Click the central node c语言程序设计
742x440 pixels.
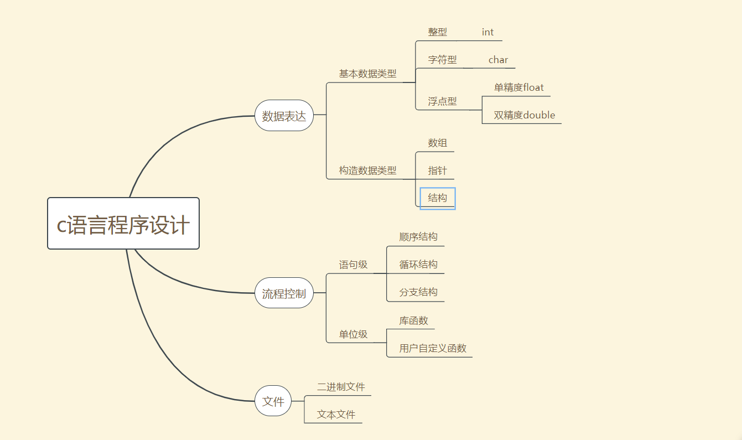tap(123, 224)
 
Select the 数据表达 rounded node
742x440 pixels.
tap(284, 116)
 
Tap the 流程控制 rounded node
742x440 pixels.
tap(284, 293)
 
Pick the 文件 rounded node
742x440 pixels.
tap(273, 401)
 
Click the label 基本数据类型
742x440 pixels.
tap(367, 74)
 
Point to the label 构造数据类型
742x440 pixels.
tap(367, 170)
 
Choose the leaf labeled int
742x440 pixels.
tap(487, 32)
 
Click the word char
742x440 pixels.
tap(498, 60)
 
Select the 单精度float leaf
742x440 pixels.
tap(518, 87)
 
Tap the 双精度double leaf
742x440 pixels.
tap(524, 115)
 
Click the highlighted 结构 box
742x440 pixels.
tap(437, 198)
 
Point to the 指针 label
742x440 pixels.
tap(437, 170)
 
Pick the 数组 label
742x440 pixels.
tap(437, 143)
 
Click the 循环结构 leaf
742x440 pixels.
tap(418, 265)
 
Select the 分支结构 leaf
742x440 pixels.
tap(418, 292)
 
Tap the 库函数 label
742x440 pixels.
tap(413, 321)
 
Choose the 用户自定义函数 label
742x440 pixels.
tap(433, 349)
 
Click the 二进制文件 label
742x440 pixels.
tap(341, 387)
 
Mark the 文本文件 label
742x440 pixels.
tap(336, 415)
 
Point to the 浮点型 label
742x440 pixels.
tap(442, 101)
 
